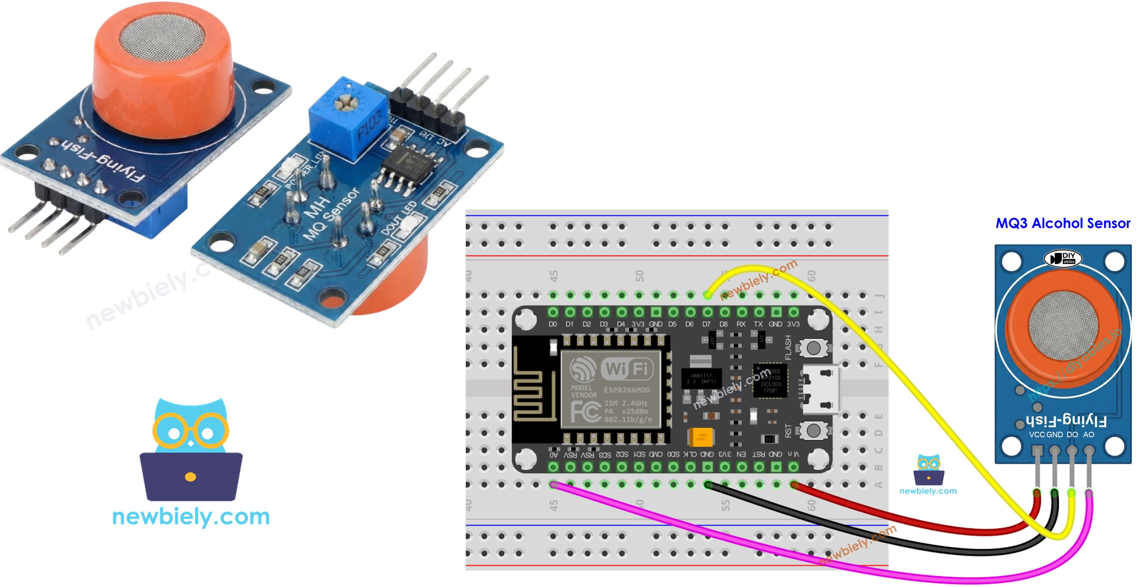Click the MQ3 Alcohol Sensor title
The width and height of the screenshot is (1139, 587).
pyautogui.click(x=1062, y=223)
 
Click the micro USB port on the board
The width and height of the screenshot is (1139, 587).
pyautogui.click(x=820, y=389)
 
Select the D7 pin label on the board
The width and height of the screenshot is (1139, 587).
pyautogui.click(x=706, y=324)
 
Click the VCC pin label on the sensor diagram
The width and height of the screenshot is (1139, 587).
pyautogui.click(x=1036, y=434)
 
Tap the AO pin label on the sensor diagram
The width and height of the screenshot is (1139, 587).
pyautogui.click(x=1088, y=434)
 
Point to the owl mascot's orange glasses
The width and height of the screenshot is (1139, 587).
pyautogui.click(x=191, y=429)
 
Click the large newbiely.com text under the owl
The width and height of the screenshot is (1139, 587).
pyautogui.click(x=191, y=517)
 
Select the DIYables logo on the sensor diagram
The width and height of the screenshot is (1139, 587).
pyautogui.click(x=1062, y=258)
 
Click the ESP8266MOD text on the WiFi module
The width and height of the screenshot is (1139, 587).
pyautogui.click(x=627, y=390)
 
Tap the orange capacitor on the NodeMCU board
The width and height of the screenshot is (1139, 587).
pyautogui.click(x=701, y=436)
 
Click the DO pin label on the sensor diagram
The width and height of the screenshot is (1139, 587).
pyautogui.click(x=1072, y=434)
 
